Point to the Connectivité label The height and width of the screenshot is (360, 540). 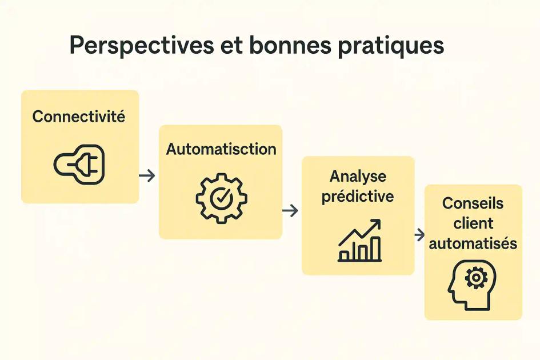[x=79, y=117]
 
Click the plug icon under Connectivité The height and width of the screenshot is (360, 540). [x=79, y=164]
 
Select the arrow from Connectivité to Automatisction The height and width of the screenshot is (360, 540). [x=147, y=175]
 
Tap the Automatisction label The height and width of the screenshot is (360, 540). [x=221, y=149]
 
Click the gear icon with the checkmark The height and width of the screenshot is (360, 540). [x=221, y=198]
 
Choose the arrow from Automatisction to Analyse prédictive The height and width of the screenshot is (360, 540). [x=290, y=211]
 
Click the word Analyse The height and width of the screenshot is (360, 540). [x=358, y=176]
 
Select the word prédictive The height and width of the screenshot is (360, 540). [x=358, y=197]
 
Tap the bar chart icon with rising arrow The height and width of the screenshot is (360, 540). [x=359, y=241]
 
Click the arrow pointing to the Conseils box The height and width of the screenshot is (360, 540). [x=419, y=235]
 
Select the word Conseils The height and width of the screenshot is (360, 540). [x=473, y=203]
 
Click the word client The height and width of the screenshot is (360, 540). [x=473, y=223]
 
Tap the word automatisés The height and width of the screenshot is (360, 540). [x=473, y=243]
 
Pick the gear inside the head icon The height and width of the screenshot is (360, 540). [x=475, y=278]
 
